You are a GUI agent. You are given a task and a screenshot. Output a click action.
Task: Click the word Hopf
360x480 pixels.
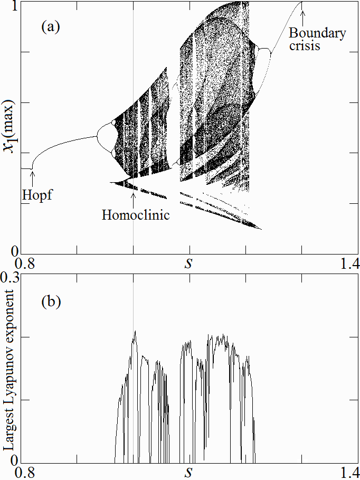[x=39, y=195]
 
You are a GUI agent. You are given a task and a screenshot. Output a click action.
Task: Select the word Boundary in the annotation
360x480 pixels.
[x=318, y=34]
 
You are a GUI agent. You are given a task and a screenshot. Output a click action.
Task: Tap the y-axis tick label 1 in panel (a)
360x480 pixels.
[x=15, y=6]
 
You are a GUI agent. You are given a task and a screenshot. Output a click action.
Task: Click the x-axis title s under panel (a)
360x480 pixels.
[x=188, y=263]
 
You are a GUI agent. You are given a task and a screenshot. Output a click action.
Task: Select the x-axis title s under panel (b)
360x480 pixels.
[x=188, y=470]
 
